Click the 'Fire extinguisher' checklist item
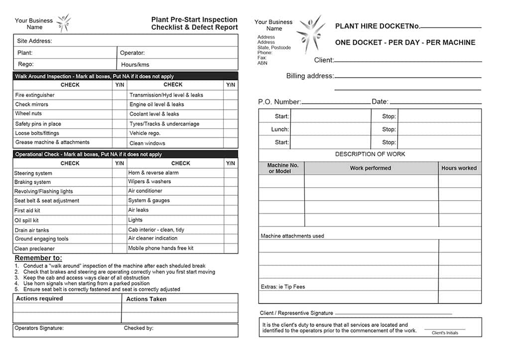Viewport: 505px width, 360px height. point(35,95)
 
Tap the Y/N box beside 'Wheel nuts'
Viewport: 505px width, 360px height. point(120,114)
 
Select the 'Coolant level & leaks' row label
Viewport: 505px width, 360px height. point(154,114)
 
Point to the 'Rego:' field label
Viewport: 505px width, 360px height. point(25,64)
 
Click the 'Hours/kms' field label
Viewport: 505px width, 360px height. point(135,65)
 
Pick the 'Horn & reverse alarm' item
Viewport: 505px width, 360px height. point(153,173)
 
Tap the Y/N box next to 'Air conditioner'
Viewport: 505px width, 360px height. point(231,191)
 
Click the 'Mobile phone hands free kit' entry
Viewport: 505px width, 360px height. point(160,248)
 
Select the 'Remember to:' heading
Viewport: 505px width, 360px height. point(38,258)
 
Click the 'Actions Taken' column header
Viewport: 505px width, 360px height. point(146,299)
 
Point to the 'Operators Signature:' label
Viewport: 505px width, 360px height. point(39,328)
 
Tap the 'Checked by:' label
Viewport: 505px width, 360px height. point(138,328)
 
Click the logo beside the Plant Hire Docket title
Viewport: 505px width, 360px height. point(310,33)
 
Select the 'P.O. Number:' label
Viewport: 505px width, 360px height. point(279,102)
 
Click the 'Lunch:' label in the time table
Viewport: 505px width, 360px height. point(280,129)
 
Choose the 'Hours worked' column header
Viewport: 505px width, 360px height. point(459,168)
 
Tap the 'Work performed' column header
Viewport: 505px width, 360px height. point(370,168)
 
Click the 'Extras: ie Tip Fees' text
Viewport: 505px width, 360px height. point(282,287)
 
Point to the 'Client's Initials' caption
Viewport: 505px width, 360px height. point(445,333)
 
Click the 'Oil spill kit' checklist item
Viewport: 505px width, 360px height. point(26,220)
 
